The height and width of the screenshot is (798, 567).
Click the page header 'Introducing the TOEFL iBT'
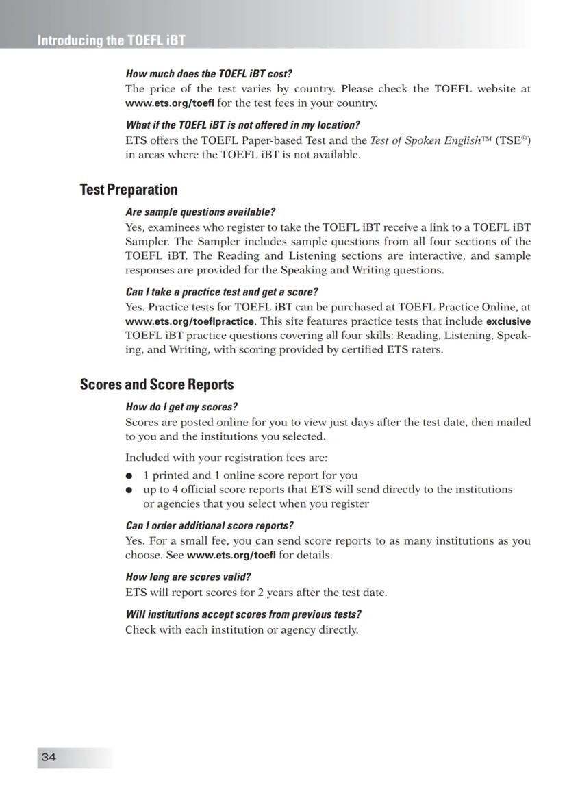(x=111, y=40)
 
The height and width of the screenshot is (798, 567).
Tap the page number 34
(x=49, y=757)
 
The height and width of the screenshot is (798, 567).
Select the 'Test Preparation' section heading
(x=129, y=190)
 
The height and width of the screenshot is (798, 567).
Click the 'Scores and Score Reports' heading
(x=157, y=384)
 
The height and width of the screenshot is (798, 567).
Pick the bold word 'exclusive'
(x=508, y=321)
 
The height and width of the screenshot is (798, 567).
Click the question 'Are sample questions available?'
(x=201, y=212)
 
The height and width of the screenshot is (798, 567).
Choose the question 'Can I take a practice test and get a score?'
(x=222, y=292)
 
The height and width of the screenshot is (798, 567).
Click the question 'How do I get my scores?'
(x=181, y=407)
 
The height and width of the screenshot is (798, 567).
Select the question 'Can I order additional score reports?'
(x=210, y=526)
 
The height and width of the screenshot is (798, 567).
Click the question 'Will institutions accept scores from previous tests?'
(x=243, y=614)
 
